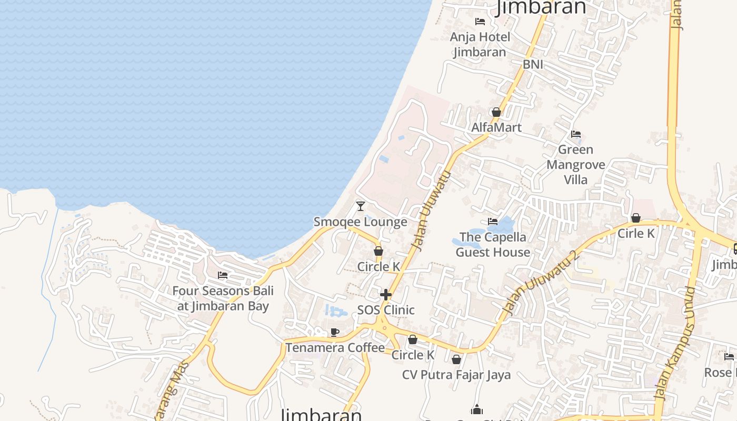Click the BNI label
[x=533, y=65]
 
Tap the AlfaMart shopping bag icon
[x=496, y=112]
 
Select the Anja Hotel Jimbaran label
[x=480, y=44]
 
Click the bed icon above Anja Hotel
[x=480, y=22]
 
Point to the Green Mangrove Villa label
[x=575, y=165]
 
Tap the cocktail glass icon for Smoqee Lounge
[x=361, y=206]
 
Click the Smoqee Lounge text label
[x=361, y=222]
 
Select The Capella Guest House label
[x=493, y=245]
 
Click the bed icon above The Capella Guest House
[x=493, y=222]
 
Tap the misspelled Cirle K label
[x=636, y=233]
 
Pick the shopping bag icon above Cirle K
[x=636, y=218]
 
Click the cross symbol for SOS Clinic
[x=386, y=295]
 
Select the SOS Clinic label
[x=386, y=310]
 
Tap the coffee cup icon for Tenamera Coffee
[x=334, y=332]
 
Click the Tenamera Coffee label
[x=335, y=347]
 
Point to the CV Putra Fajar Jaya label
[x=456, y=375]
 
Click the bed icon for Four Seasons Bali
[x=223, y=275]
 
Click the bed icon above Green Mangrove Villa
[x=576, y=134]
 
